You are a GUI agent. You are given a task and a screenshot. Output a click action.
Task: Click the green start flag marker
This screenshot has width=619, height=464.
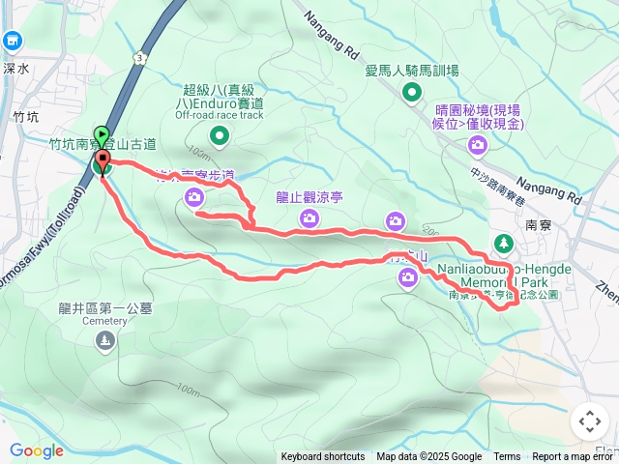[102, 135]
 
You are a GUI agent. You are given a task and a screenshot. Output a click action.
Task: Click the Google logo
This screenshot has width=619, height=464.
[36, 450]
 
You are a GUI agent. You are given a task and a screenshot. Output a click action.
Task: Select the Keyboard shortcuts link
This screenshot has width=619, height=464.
[323, 457]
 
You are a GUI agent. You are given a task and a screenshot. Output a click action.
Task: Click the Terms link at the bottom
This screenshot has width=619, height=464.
[507, 457]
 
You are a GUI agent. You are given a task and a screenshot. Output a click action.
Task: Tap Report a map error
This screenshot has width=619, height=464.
[573, 457]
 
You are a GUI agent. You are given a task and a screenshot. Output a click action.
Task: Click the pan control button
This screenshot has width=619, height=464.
[589, 421]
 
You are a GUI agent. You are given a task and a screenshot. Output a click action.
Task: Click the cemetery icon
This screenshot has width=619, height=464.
[104, 339]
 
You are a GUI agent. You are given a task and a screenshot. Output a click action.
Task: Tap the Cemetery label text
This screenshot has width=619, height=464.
[104, 321]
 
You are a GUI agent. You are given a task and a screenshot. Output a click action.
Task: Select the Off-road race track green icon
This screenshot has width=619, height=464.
[219, 136]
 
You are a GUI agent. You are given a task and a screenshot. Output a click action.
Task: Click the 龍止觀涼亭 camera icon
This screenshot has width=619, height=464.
[309, 217]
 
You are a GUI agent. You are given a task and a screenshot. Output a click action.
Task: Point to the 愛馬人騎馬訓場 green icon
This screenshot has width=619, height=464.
[412, 93]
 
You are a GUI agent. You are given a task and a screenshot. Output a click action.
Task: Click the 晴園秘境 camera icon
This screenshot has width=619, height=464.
[477, 145]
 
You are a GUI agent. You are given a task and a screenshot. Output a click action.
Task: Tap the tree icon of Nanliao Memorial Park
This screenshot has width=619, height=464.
[502, 242]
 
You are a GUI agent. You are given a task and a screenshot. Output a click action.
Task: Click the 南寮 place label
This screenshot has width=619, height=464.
[538, 222]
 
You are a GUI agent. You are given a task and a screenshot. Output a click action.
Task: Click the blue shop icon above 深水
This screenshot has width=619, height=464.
[13, 41]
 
